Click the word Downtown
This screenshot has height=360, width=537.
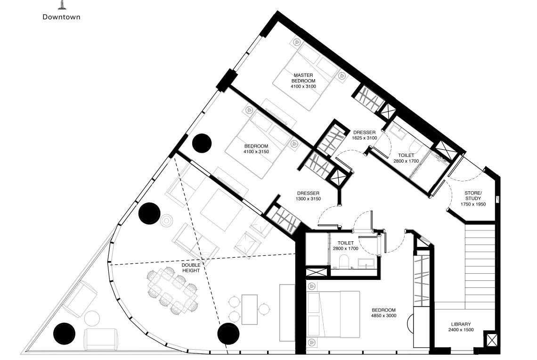click(61, 17)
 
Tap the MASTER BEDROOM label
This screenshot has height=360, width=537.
click(303, 78)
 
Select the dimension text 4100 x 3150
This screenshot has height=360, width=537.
click(256, 152)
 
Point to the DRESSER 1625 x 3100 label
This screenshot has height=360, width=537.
click(364, 135)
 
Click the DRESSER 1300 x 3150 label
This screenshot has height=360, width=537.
click(308, 196)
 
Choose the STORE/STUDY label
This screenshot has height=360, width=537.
click(472, 196)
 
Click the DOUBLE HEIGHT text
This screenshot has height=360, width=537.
click(191, 268)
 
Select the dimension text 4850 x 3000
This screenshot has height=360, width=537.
click(384, 316)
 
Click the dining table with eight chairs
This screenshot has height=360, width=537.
click(171, 292)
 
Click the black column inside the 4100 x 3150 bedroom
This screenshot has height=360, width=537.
click(202, 143)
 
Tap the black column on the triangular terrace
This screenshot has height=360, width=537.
click(64, 334)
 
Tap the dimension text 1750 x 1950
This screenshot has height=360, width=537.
click(472, 205)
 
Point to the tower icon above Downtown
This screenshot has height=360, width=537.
click(61, 5)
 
